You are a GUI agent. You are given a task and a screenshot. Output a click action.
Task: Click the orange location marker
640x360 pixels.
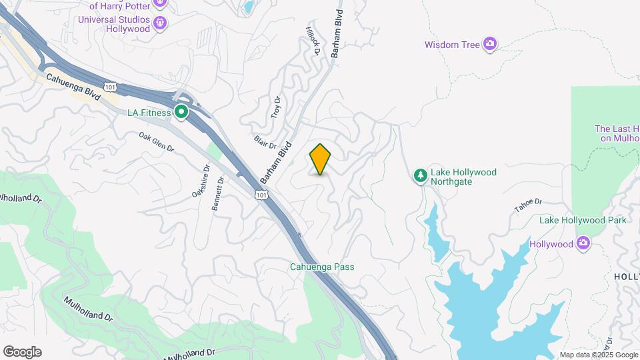[x=320, y=159]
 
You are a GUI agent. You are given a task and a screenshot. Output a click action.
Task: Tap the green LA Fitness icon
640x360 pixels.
[x=181, y=112]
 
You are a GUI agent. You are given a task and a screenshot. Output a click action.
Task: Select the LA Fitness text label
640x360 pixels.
[x=149, y=113]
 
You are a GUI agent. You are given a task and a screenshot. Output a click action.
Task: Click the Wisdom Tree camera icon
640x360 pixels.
[x=490, y=44]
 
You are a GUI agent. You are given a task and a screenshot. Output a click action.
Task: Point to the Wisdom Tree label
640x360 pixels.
[x=452, y=45]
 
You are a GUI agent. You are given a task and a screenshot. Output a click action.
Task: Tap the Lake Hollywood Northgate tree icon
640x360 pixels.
[x=421, y=176]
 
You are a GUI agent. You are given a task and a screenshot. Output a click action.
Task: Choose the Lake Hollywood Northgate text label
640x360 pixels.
[x=463, y=177]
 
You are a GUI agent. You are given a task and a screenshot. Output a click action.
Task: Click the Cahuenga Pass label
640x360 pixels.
[x=321, y=267]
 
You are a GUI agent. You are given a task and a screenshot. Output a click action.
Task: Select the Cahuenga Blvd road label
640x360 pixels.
[x=74, y=87]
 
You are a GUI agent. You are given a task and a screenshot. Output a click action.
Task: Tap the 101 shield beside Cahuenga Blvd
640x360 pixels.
[x=111, y=86]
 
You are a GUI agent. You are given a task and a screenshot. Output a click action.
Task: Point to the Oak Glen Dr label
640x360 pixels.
[x=157, y=142]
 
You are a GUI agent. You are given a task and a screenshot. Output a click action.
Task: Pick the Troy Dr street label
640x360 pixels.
[x=276, y=107]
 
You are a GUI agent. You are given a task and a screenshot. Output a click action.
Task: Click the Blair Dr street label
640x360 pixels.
[x=265, y=141]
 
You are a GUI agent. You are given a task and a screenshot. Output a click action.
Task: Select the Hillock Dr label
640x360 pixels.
[x=313, y=41]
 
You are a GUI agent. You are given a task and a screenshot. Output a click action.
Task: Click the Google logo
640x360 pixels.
[x=22, y=352]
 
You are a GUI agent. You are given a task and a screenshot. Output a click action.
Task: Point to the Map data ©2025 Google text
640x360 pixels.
[x=597, y=355]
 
